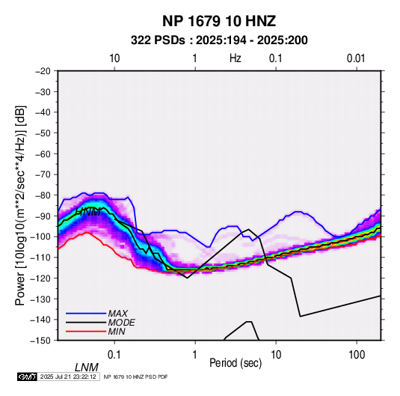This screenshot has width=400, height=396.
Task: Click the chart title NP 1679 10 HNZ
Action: click(x=219, y=21)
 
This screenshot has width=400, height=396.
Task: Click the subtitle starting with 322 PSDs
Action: click(x=219, y=40)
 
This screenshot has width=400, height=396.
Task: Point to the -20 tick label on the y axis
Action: click(x=43, y=71)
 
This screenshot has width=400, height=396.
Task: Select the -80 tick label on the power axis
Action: click(x=43, y=195)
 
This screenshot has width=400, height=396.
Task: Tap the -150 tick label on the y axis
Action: click(x=41, y=341)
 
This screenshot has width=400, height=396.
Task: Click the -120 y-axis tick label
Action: click(x=41, y=278)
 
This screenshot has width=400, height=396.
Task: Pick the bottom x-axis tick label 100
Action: click(x=357, y=354)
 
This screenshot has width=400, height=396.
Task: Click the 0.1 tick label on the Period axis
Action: click(x=114, y=354)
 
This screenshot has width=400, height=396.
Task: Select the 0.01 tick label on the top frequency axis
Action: click(x=356, y=58)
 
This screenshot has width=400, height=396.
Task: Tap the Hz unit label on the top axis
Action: click(x=236, y=58)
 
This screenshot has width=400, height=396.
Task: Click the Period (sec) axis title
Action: click(x=236, y=363)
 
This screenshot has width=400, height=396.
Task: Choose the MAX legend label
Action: click(x=117, y=313)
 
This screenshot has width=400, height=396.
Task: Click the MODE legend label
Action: click(x=121, y=323)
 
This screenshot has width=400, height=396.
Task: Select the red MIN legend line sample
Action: click(x=86, y=332)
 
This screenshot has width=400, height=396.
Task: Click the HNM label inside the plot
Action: click(x=88, y=212)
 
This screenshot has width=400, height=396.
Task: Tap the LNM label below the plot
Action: click(x=87, y=368)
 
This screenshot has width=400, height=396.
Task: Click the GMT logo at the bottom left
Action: click(x=28, y=377)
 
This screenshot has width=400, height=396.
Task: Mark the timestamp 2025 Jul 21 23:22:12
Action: click(x=68, y=377)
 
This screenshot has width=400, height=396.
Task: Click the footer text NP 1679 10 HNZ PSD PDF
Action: click(x=135, y=377)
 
